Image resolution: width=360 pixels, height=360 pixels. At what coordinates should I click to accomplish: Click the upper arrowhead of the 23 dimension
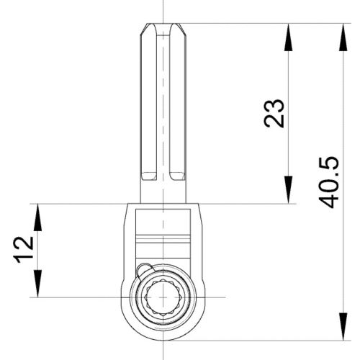click(288, 33)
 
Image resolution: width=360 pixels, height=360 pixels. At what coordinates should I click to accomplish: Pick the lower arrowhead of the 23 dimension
click(288, 194)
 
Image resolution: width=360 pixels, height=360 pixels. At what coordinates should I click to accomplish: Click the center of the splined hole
click(163, 296)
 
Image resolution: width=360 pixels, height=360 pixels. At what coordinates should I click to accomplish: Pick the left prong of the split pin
click(148, 101)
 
